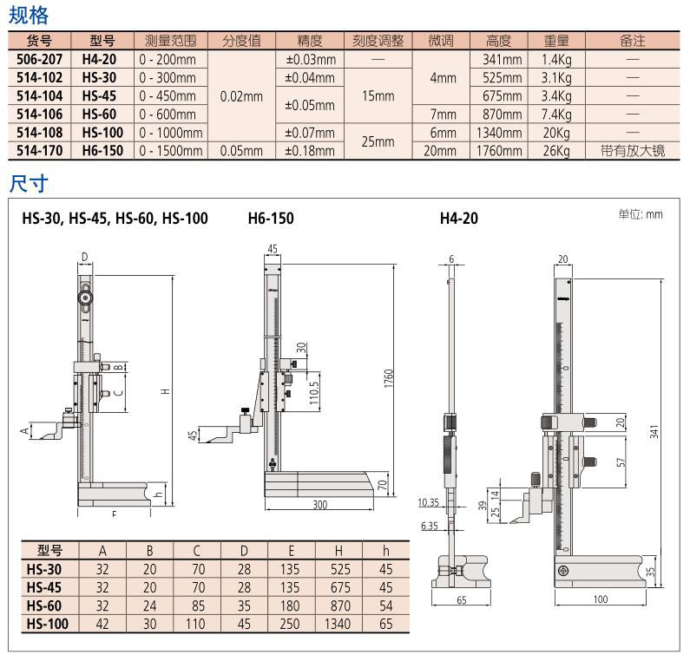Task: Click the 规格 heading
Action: pyautogui.click(x=29, y=15)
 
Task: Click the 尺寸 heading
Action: pyautogui.click(x=29, y=184)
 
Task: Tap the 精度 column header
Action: pyautogui.click(x=310, y=41)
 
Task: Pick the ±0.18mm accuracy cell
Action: pyautogui.click(x=310, y=150)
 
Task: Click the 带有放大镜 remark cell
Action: pyautogui.click(x=632, y=150)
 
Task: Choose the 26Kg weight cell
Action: pyautogui.click(x=555, y=150)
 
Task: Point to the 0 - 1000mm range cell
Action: pyautogui.click(x=170, y=132)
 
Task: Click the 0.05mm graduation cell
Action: pyautogui.click(x=241, y=150)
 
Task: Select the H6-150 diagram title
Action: pyautogui.click(x=271, y=219)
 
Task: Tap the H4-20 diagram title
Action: pyautogui.click(x=458, y=219)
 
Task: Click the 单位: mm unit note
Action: pyautogui.click(x=640, y=214)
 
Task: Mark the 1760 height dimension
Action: pyautogui.click(x=390, y=378)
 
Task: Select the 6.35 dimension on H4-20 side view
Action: pyautogui.click(x=428, y=526)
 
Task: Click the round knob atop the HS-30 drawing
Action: pyautogui.click(x=86, y=297)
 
